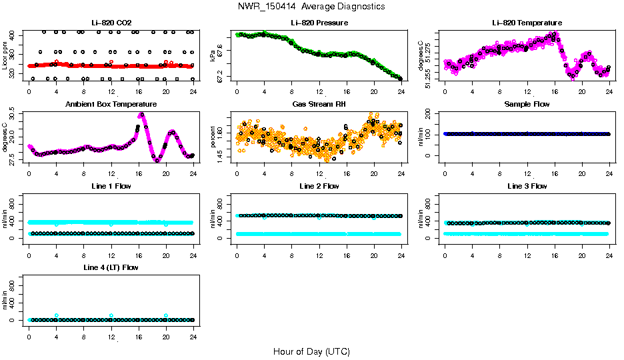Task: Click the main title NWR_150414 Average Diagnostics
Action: pyautogui.click(x=311, y=7)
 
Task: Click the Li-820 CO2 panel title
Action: pyautogui.click(x=111, y=23)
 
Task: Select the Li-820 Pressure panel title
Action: pyautogui.click(x=319, y=23)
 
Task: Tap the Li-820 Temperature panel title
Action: pyautogui.click(x=527, y=23)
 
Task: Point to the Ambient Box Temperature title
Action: pyautogui.click(x=111, y=105)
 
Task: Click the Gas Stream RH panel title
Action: pyautogui.click(x=319, y=105)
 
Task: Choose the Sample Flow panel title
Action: pyautogui.click(x=527, y=105)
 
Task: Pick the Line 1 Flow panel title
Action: pyautogui.click(x=111, y=186)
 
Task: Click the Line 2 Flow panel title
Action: pyautogui.click(x=319, y=186)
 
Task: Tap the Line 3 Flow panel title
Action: pyautogui.click(x=527, y=186)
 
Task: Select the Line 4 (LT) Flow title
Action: pyautogui.click(x=111, y=267)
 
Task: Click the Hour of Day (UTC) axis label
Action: pyautogui.click(x=311, y=351)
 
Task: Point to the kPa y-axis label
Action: pyautogui.click(x=213, y=56)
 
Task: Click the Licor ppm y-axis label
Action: pyautogui.click(x=5, y=56)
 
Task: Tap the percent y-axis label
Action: pyautogui.click(x=213, y=137)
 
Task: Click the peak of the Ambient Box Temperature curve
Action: pyautogui.click(x=141, y=115)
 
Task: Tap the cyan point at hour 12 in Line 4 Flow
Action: pyautogui.click(x=111, y=315)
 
